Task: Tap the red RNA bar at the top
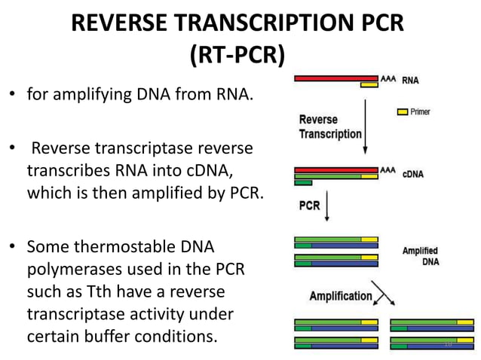[x=335, y=78]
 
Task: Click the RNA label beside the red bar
[x=411, y=79]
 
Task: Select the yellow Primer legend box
[x=403, y=111]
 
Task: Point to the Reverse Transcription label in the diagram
[x=330, y=127]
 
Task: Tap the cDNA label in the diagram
[x=413, y=173]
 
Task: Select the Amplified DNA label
[x=420, y=255]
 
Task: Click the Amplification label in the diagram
[x=341, y=296]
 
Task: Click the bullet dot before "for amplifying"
[x=12, y=96]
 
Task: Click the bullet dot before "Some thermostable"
[x=12, y=247]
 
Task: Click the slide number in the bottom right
[x=447, y=344]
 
